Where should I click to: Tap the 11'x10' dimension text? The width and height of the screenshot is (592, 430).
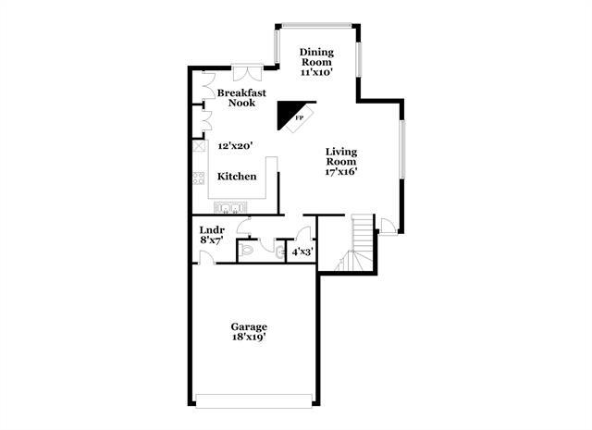click(x=314, y=70)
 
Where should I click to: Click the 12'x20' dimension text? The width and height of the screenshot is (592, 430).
click(x=235, y=146)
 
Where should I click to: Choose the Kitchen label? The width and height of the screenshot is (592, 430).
click(x=237, y=177)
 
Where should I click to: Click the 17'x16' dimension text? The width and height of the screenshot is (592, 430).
click(x=340, y=171)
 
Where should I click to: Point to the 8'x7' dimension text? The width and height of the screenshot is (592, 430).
click(x=210, y=241)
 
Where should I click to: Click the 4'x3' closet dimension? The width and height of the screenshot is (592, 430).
click(x=302, y=251)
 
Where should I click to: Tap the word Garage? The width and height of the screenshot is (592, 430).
click(x=249, y=327)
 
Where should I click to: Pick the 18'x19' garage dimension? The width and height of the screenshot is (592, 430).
click(x=249, y=339)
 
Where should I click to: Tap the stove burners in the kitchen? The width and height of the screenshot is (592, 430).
click(x=198, y=178)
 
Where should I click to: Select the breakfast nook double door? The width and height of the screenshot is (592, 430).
click(x=247, y=69)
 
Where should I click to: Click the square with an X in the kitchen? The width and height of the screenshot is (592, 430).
click(x=198, y=147)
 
